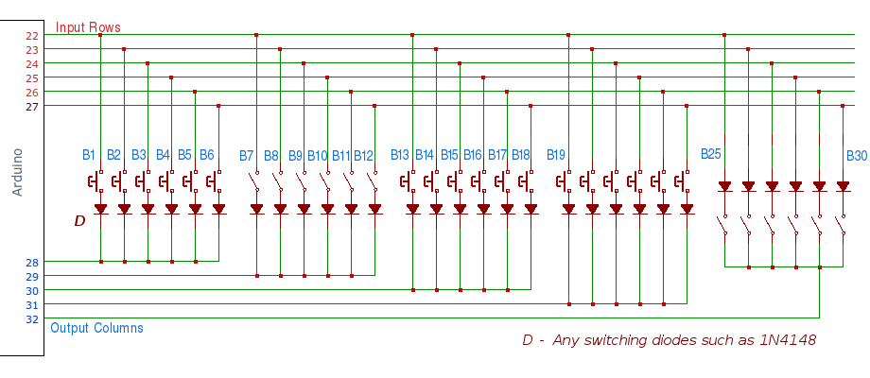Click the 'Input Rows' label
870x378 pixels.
[x=88, y=27]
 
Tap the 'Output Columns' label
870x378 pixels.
[x=96, y=328]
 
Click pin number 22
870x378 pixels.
[x=32, y=35]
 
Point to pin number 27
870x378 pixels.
[x=32, y=106]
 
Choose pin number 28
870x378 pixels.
[x=32, y=262]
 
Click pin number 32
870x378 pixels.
[x=32, y=319]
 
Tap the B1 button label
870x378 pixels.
[x=89, y=154]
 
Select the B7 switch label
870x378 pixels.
[x=247, y=155]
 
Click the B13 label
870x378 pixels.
[x=400, y=155]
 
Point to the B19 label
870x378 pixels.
[x=556, y=155]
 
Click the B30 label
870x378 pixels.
[x=856, y=155]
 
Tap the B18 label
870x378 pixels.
[x=521, y=155]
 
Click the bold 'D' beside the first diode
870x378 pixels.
[x=79, y=220]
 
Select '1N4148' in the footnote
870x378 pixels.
[x=787, y=340]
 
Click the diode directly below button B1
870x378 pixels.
[x=100, y=209]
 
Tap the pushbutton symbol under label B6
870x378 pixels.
[x=216, y=180]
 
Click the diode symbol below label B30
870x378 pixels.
[x=843, y=186]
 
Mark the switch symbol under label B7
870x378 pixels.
[x=255, y=180]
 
